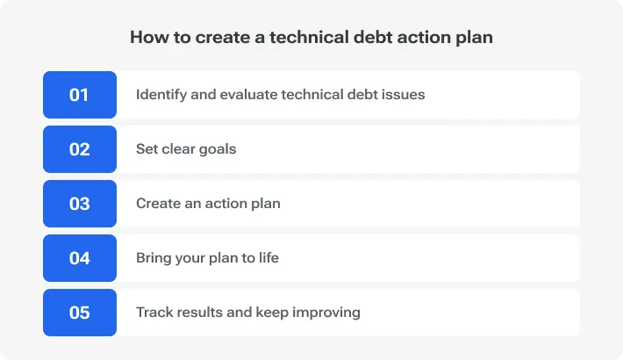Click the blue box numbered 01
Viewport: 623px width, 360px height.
(79, 95)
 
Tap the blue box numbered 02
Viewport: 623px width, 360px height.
(79, 149)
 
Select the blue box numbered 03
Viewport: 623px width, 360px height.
(79, 204)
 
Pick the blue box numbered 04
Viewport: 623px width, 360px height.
(79, 258)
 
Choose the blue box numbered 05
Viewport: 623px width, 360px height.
(79, 313)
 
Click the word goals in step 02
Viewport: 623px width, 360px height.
(216, 149)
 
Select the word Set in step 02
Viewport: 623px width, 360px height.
(147, 149)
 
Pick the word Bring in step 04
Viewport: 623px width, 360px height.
(154, 258)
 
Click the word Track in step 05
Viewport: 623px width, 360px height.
(154, 313)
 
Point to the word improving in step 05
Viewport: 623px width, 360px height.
(327, 313)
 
